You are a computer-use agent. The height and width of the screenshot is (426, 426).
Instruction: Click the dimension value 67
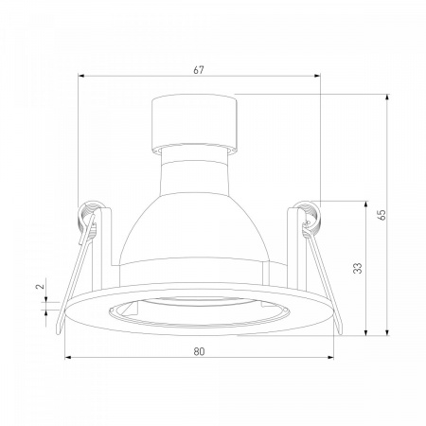[x=199, y=70]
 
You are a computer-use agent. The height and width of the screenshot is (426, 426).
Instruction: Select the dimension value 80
[x=199, y=351]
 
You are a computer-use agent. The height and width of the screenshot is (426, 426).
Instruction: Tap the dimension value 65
[x=382, y=215]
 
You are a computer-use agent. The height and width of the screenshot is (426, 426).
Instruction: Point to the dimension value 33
[x=358, y=268]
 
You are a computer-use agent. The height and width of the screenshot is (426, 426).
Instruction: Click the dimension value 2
[x=40, y=287]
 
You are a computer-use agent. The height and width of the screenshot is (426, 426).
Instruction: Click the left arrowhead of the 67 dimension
[x=81, y=76]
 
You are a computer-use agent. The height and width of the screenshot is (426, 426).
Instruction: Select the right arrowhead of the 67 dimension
[x=317, y=76]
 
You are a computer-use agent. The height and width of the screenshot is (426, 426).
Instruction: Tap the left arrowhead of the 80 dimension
[x=68, y=358]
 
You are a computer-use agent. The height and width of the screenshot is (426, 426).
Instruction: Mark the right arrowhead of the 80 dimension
[x=330, y=358]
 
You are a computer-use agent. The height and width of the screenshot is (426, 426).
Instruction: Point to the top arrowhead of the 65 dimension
[x=387, y=98]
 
